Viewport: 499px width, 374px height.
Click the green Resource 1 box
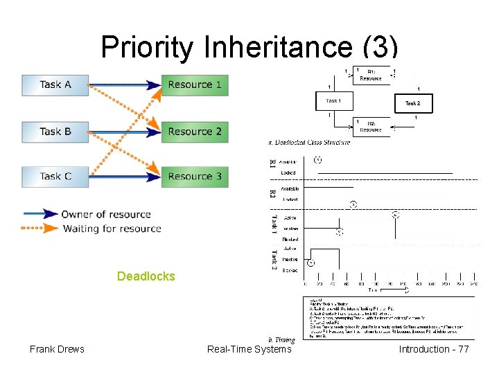coord(195,84)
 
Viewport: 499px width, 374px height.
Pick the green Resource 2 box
coord(195,132)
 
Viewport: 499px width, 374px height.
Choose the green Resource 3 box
coord(195,177)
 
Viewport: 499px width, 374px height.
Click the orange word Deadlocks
coord(146,276)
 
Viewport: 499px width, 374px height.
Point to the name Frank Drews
coord(57,349)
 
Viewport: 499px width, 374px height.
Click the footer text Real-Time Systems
coord(249,349)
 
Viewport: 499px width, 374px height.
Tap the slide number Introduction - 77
coord(434,349)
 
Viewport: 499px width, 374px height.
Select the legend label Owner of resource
coord(106,214)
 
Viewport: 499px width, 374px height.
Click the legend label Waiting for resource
coord(112,229)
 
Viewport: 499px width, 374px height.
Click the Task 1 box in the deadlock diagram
coord(333,101)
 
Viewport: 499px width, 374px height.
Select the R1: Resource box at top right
coord(371,75)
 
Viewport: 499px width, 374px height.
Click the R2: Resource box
coord(371,126)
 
